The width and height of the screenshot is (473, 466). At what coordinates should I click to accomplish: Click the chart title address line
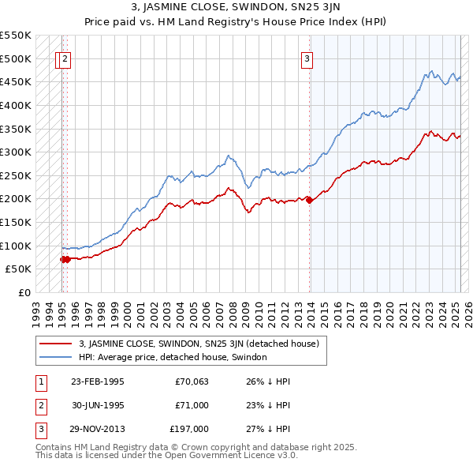point(236,7)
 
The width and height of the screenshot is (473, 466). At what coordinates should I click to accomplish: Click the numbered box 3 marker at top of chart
point(307,58)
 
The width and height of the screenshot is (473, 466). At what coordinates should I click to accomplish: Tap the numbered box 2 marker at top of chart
point(65,58)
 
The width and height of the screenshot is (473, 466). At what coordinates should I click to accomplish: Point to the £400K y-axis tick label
point(16,105)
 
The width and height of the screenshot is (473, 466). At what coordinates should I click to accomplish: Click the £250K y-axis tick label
point(16,175)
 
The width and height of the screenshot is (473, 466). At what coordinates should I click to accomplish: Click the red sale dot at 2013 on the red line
point(309,200)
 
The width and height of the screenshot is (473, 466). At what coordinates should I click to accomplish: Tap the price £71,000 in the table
point(192,405)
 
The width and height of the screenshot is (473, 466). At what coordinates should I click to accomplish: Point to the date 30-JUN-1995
point(98,405)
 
